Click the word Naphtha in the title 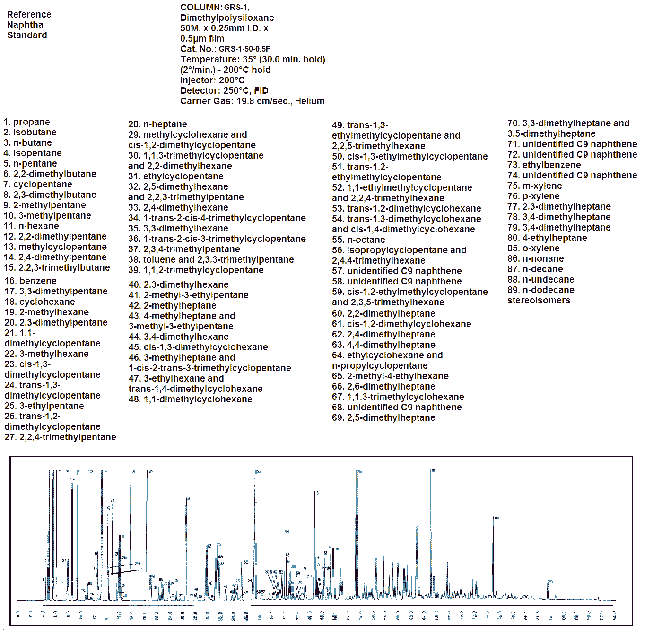pyautogui.click(x=25, y=25)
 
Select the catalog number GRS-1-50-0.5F pyautogui.click(x=244, y=49)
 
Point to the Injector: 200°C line pyautogui.click(x=212, y=80)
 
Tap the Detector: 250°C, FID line pyautogui.click(x=224, y=90)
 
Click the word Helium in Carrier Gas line pyautogui.click(x=310, y=101)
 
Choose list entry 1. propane pyautogui.click(x=26, y=122)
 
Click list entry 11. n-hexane pyautogui.click(x=31, y=226)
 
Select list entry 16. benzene pyautogui.click(x=30, y=281)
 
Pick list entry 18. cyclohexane pyautogui.click(x=40, y=302)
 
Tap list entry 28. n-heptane pyautogui.click(x=157, y=124)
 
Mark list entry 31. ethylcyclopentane pyautogui.click(x=175, y=176)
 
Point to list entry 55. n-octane pyautogui.click(x=358, y=240)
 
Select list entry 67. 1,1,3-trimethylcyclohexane pyautogui.click(x=398, y=397)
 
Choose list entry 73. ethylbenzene pyautogui.click(x=544, y=165)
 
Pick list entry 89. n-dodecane pyautogui.click(x=540, y=290)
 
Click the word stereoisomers pyautogui.click(x=539, y=300)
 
